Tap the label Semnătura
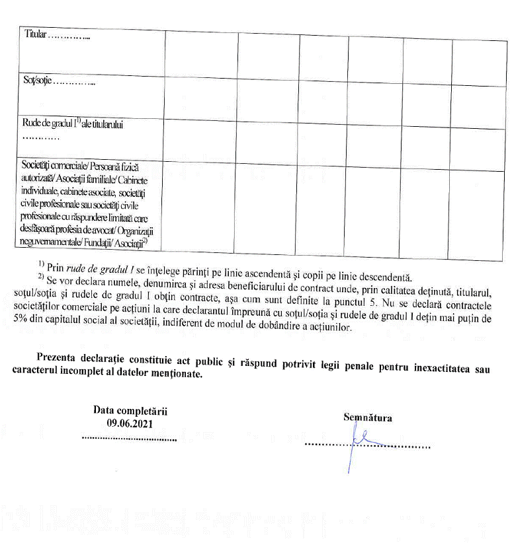click(368, 417)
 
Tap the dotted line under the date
click(129, 439)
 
